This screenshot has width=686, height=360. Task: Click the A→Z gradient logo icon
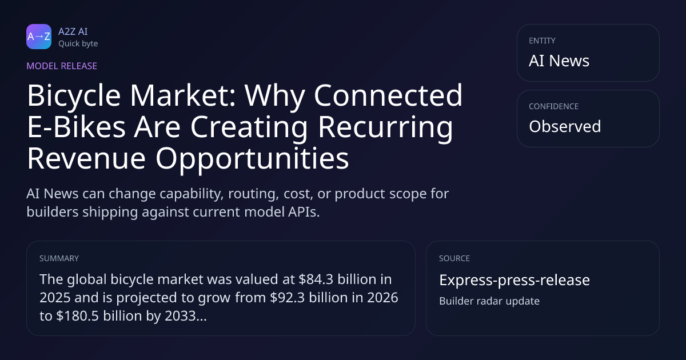click(x=39, y=37)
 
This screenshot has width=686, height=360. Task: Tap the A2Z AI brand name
click(x=73, y=31)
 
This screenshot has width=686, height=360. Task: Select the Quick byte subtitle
click(x=78, y=44)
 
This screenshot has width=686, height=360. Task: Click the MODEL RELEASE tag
click(x=62, y=66)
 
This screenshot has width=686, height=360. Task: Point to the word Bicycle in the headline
click(x=74, y=97)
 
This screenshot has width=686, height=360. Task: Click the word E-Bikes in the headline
click(x=76, y=127)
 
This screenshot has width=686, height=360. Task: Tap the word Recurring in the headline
click(x=385, y=128)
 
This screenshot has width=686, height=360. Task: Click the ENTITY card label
click(x=542, y=41)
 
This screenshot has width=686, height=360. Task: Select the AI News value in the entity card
click(x=559, y=61)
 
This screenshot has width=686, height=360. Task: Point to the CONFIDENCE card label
click(x=554, y=106)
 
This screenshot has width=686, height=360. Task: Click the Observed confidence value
click(x=565, y=126)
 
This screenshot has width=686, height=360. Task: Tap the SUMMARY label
click(x=59, y=258)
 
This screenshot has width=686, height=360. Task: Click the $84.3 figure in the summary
click(x=316, y=279)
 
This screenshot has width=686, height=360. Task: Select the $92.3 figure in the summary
click(x=287, y=298)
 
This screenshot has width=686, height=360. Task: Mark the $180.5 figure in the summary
click(x=77, y=316)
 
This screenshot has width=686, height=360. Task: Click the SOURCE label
click(x=454, y=258)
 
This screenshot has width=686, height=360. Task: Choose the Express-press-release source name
click(x=514, y=280)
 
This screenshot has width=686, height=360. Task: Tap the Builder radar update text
click(x=489, y=301)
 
